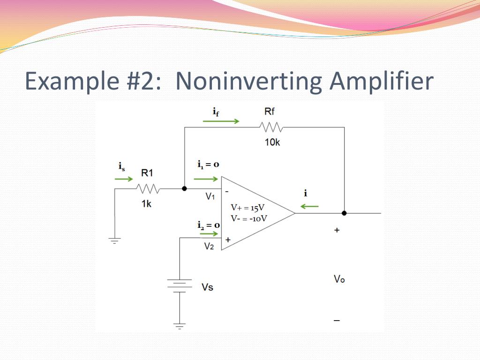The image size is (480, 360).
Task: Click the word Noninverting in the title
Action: pyautogui.click(x=249, y=81)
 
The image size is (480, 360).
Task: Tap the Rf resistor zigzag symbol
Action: pyautogui.click(x=271, y=127)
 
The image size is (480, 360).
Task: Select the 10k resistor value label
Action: pyautogui.click(x=272, y=142)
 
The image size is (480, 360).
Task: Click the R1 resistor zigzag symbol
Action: pyautogui.click(x=148, y=189)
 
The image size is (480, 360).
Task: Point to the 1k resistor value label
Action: pyautogui.click(x=146, y=204)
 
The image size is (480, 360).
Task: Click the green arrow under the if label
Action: pyautogui.click(x=221, y=121)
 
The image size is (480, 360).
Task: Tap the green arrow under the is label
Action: pyautogui.click(x=124, y=179)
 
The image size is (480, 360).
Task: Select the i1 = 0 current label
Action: pyautogui.click(x=208, y=165)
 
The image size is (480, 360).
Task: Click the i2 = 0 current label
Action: pyautogui.click(x=208, y=225)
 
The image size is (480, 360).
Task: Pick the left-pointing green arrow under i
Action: pyautogui.click(x=310, y=206)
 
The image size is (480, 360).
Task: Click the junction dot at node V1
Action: pyautogui.click(x=184, y=188)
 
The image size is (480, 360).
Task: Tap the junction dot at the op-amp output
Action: pyautogui.click(x=344, y=213)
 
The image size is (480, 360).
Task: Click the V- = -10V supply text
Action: pyautogui.click(x=249, y=218)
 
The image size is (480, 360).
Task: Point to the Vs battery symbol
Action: pyautogui.click(x=180, y=285)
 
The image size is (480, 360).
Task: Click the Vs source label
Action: pyautogui.click(x=207, y=286)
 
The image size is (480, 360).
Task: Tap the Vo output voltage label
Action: pyautogui.click(x=339, y=279)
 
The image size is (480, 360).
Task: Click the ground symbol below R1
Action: pyautogui.click(x=114, y=241)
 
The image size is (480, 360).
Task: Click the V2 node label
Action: pyautogui.click(x=209, y=247)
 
